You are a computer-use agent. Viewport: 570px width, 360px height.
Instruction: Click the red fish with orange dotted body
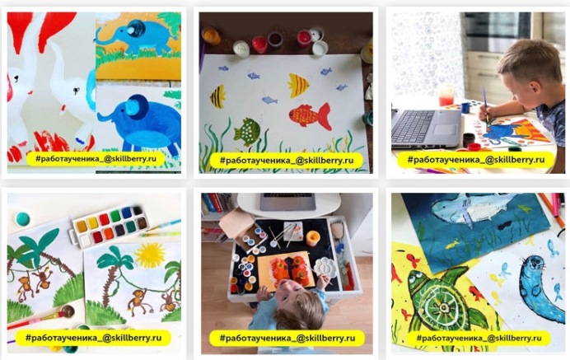(x=310, y=115)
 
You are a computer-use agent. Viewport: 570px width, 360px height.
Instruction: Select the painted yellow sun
(x=150, y=255)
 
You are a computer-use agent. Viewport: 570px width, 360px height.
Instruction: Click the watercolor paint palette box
(x=110, y=227)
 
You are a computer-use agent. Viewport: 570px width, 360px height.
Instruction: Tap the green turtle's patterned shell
(x=442, y=305)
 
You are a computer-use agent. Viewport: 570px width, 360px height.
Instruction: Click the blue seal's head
(x=534, y=266)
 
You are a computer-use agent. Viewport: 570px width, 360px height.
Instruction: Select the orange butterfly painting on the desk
(x=286, y=270)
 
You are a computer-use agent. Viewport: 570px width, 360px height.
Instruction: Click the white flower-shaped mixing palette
(x=324, y=267)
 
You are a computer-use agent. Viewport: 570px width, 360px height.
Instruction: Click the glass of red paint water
(x=446, y=96)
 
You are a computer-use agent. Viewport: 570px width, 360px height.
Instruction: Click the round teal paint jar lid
(x=23, y=218)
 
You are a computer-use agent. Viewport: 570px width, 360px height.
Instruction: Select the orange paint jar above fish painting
(x=211, y=35)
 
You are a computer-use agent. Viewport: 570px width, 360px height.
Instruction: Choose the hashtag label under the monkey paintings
(x=93, y=338)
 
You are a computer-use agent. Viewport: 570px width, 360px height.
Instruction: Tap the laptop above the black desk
(x=287, y=201)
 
